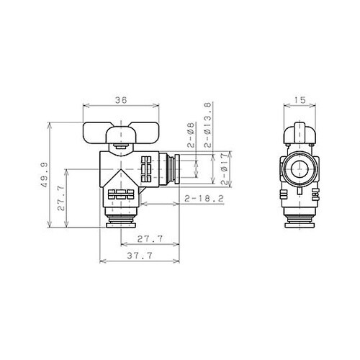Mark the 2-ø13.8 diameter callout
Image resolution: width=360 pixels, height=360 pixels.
pos(207,124)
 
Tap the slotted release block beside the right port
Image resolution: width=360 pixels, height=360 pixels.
pos(148,169)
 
